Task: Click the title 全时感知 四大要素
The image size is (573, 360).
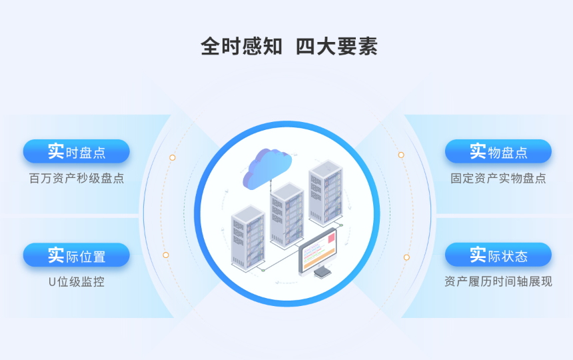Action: (289, 47)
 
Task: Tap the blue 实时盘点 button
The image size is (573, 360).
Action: (76, 152)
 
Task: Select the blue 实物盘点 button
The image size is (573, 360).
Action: (498, 152)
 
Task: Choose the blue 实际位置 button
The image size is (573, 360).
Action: (76, 255)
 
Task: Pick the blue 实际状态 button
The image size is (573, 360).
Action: (498, 255)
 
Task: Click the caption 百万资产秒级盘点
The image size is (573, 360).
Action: (76, 179)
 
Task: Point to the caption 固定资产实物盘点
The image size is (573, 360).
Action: (498, 179)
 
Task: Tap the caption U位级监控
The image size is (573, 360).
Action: (76, 282)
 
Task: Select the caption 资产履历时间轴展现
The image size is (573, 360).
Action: (498, 282)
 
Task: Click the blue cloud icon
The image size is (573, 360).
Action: (267, 166)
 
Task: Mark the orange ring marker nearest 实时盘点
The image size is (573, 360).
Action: (172, 158)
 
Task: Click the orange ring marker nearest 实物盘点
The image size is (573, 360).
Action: (401, 155)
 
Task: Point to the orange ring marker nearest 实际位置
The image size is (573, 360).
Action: (166, 255)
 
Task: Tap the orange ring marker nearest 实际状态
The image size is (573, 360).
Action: (406, 257)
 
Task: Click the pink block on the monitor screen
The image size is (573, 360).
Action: (330, 237)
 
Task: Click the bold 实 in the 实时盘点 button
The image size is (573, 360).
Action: (56, 151)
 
